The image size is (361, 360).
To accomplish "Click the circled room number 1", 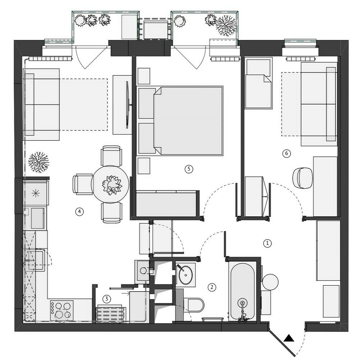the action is (x=267, y=243).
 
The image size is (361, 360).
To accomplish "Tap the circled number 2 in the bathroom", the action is (x=212, y=287).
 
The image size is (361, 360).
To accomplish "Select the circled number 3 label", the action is (x=106, y=299).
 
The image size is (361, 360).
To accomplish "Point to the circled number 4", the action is (x=79, y=211).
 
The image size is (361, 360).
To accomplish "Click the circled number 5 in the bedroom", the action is (x=189, y=169).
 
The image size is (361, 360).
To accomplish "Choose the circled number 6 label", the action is (x=287, y=153).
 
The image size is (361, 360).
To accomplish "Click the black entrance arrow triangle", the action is (x=289, y=338).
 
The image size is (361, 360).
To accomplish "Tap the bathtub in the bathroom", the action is (x=243, y=292).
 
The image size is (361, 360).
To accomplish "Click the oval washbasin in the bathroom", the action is (x=185, y=275).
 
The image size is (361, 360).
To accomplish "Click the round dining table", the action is (x=110, y=184).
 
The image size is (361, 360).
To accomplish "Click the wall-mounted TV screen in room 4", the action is (x=127, y=105).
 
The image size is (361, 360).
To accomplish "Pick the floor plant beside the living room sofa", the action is (x=39, y=162).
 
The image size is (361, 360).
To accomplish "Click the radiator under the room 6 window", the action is (x=301, y=59).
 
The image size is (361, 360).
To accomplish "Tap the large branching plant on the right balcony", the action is (x=226, y=26).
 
